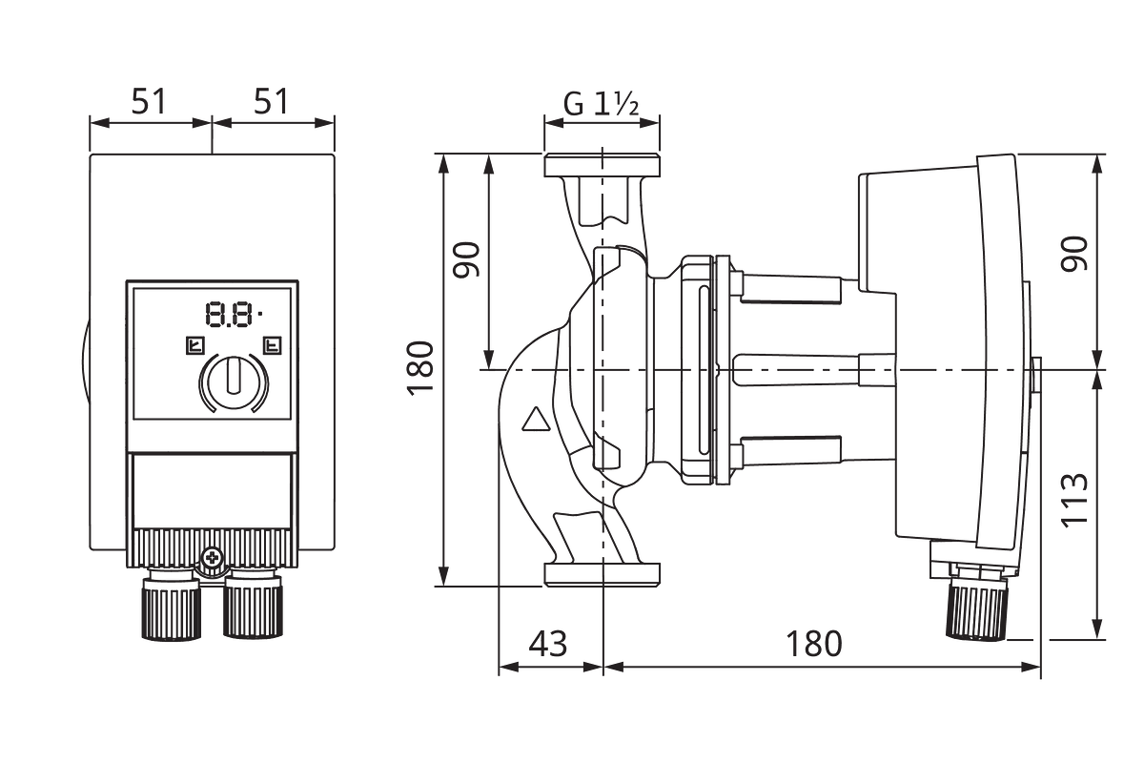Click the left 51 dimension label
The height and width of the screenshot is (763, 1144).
coord(149,101)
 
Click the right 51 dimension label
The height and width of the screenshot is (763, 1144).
coord(271,101)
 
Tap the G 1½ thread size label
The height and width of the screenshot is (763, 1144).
coord(602,104)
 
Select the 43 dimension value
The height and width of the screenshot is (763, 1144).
coord(548,644)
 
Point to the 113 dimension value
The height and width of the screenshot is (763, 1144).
coord(1074,501)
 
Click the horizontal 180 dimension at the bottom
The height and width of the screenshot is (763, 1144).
coord(813,644)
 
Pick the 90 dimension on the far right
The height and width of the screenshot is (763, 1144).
coord(1074,254)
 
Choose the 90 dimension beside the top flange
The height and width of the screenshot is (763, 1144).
coord(467,259)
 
